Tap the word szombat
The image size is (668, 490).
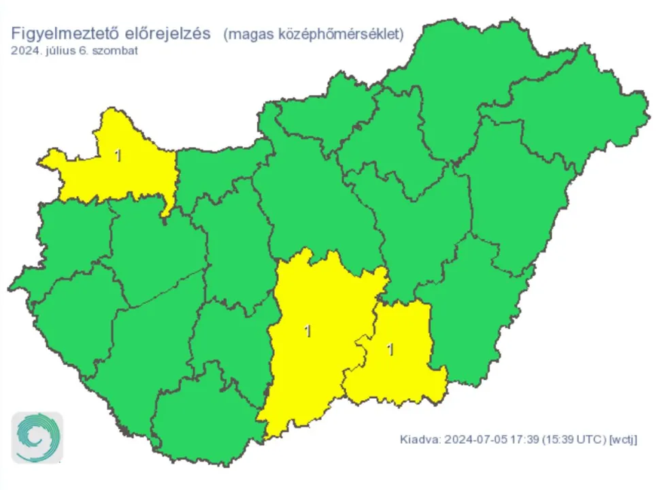click(x=114, y=50)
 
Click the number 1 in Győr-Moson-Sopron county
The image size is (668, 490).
click(x=118, y=156)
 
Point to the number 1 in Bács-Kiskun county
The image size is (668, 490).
click(x=308, y=331)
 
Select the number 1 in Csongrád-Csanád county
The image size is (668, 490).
click(x=390, y=350)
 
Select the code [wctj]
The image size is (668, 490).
click(x=624, y=439)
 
